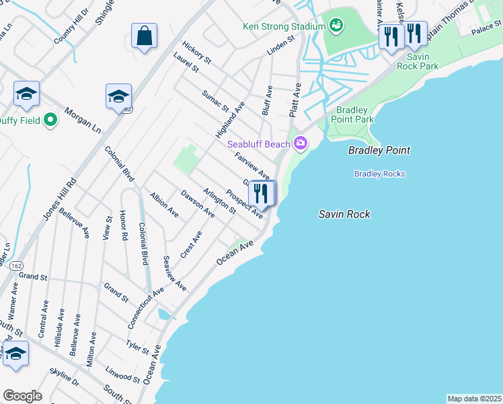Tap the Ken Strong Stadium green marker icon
tap(336, 26)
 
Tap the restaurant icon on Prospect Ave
tap(262, 193)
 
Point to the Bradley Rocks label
tap(380, 174)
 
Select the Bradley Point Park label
tap(355, 114)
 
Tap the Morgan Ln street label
tap(82, 120)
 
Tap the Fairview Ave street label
tap(252, 166)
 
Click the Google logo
tap(22, 396)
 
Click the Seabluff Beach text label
tap(258, 143)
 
